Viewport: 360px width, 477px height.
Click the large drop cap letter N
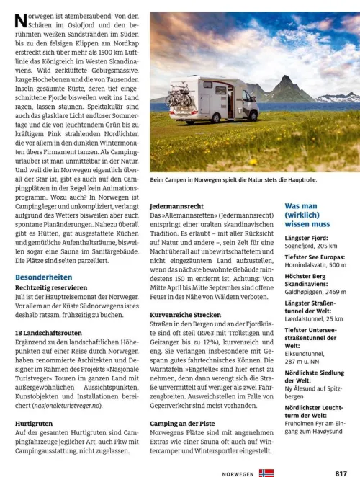click(21, 22)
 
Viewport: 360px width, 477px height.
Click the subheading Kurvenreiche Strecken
click(186, 315)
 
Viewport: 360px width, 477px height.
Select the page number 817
click(341, 473)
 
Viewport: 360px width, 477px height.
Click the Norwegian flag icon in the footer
click(266, 473)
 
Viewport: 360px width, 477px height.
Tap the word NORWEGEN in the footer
click(238, 473)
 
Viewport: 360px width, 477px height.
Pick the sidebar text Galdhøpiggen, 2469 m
click(315, 292)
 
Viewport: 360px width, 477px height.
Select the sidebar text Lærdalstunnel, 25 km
click(314, 318)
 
